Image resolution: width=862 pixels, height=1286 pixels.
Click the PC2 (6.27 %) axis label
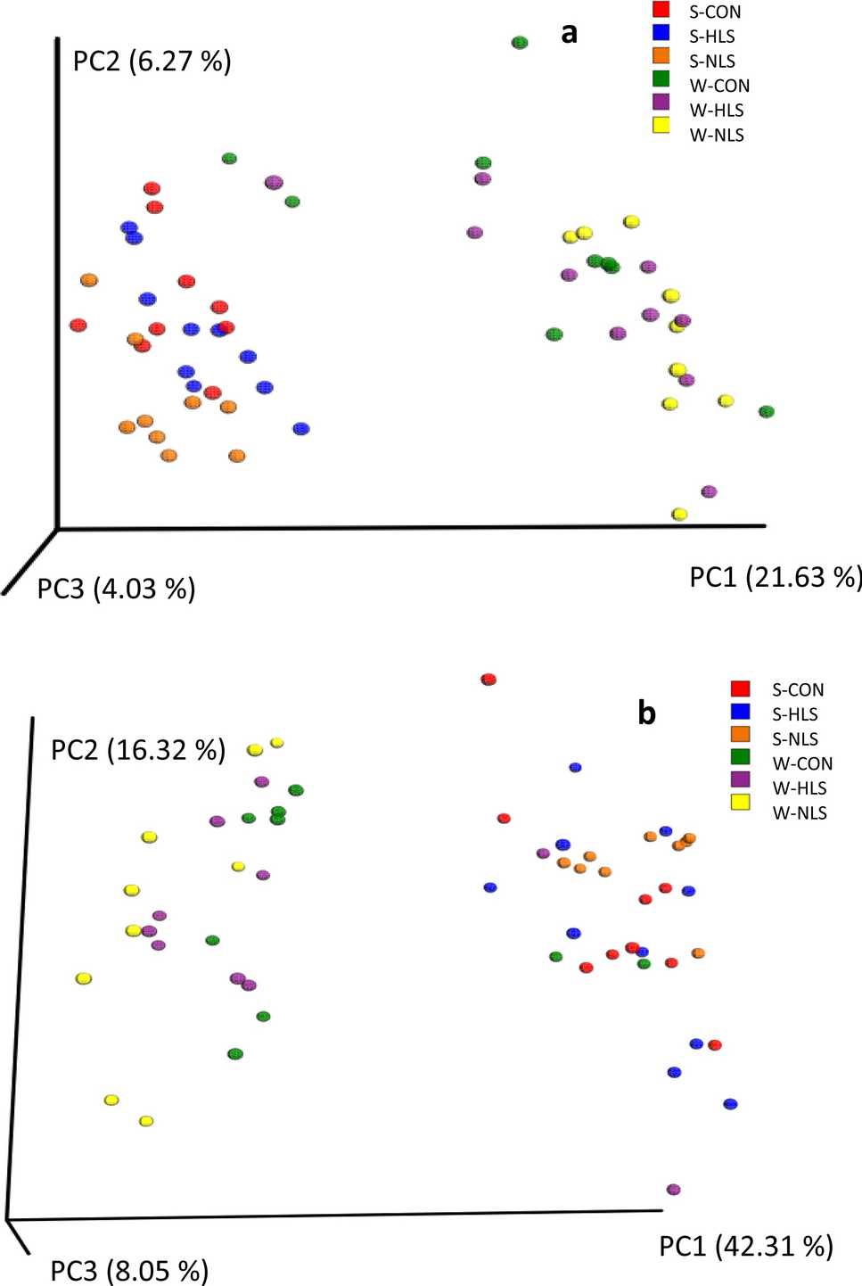[152, 62]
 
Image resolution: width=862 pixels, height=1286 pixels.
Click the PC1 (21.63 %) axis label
[775, 577]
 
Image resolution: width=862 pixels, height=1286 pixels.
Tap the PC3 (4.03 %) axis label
[116, 589]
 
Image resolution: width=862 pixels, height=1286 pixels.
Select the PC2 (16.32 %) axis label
[138, 750]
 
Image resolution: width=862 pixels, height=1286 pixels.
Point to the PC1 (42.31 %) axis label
[746, 1246]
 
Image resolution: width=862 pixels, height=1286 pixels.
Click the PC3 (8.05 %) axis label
[129, 1270]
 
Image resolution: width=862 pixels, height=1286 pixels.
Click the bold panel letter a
[569, 33]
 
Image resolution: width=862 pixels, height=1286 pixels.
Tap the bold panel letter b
[646, 713]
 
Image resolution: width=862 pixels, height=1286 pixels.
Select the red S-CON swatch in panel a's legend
[661, 11]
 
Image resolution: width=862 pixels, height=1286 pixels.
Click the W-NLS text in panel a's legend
[717, 136]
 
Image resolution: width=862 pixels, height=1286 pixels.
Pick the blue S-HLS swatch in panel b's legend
[740, 713]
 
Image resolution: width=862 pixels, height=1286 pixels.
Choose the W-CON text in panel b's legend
[802, 763]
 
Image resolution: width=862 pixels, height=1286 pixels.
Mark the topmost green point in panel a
[520, 42]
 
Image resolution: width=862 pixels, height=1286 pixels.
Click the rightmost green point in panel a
[767, 411]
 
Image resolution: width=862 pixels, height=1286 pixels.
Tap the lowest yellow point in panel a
[679, 514]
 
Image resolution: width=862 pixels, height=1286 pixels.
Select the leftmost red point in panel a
[78, 325]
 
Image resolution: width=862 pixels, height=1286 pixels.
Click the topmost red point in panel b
[488, 680]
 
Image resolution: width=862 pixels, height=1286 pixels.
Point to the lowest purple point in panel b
[674, 1189]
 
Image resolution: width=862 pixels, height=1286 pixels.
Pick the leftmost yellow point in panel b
[84, 978]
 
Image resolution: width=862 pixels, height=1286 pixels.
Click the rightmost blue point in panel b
[731, 1103]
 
